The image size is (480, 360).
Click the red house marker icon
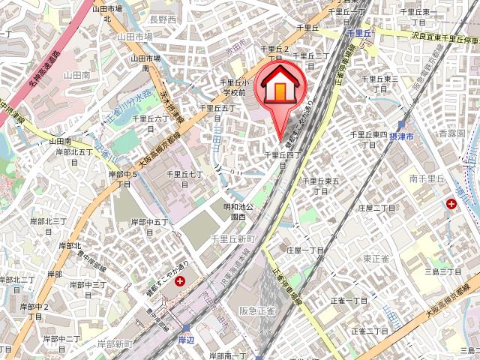pos(280,88)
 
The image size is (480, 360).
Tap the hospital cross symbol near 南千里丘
pos(452,204)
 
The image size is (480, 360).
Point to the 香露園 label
pos(451,133)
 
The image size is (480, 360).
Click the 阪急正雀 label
pos(257,310)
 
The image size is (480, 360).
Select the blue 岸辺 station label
pos(187,340)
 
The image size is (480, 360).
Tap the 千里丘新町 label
pos(234,238)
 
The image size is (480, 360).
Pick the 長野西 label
pos(163,19)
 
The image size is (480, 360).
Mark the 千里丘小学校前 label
pos(233,88)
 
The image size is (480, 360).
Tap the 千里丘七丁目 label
pos(184,178)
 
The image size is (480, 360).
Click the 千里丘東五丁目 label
pos(322,186)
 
